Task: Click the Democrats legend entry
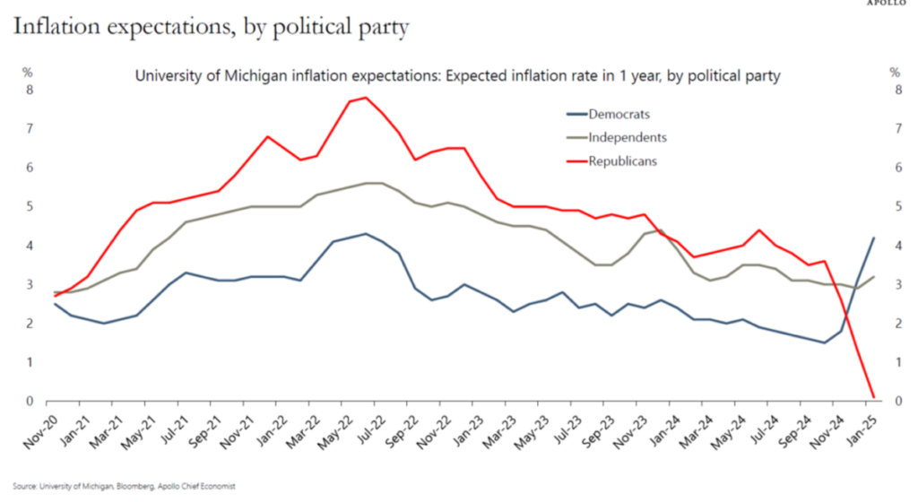(x=618, y=114)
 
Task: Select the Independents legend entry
(x=627, y=137)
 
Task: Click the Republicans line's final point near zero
(x=872, y=397)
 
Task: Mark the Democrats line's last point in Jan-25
(x=872, y=238)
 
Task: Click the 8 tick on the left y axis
(x=30, y=91)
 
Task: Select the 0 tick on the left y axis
(x=30, y=402)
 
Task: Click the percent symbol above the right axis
(x=894, y=73)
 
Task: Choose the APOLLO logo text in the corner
(x=890, y=4)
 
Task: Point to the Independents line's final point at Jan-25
(x=872, y=277)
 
